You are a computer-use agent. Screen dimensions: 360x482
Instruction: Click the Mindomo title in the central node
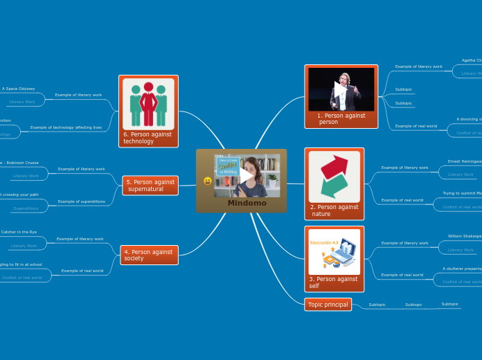(247, 203)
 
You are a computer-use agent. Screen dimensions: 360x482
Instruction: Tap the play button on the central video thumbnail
(246, 176)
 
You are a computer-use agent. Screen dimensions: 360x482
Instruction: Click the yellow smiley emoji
(208, 181)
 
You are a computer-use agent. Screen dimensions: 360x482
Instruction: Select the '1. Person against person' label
(341, 118)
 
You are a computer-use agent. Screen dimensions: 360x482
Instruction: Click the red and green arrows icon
(334, 176)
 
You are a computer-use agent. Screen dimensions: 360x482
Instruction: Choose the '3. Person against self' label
(333, 282)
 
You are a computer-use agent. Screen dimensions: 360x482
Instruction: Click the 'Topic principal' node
(328, 305)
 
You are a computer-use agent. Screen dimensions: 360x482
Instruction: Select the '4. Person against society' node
(148, 255)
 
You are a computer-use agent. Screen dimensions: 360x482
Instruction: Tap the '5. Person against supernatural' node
(150, 186)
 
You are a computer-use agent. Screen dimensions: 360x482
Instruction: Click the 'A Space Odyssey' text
(19, 89)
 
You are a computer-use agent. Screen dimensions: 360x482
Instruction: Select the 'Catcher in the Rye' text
(19, 232)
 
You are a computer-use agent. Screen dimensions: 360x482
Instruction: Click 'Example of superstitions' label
(82, 201)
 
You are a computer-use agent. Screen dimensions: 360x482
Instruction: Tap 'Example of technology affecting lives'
(66, 127)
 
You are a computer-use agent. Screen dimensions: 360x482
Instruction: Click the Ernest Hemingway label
(464, 161)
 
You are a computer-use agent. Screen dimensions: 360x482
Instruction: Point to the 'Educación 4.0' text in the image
(325, 243)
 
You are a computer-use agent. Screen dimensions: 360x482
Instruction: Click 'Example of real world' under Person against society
(82, 271)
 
